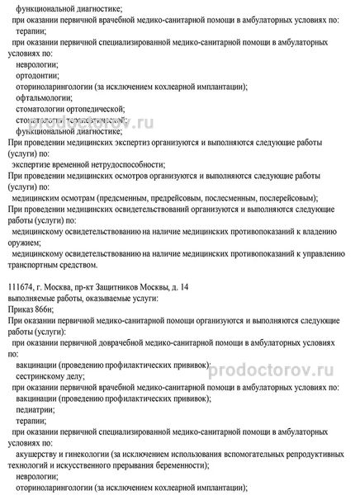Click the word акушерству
(x=44, y=452)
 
